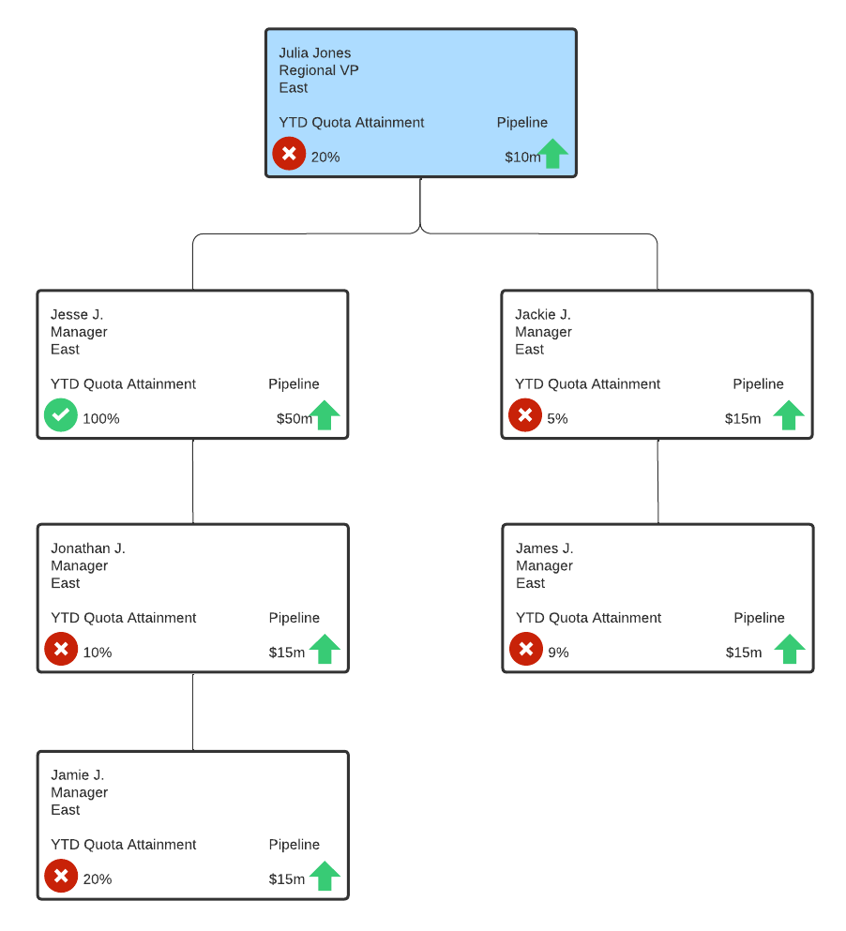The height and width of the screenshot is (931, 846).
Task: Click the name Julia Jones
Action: pyautogui.click(x=314, y=53)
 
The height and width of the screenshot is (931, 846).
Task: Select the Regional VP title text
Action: pyautogui.click(x=318, y=70)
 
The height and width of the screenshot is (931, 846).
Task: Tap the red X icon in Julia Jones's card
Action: pyautogui.click(x=289, y=154)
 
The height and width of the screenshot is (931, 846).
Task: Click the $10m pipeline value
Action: pyautogui.click(x=521, y=158)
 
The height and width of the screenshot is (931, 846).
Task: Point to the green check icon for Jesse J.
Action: pyautogui.click(x=61, y=415)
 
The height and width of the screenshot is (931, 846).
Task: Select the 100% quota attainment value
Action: pyautogui.click(x=101, y=419)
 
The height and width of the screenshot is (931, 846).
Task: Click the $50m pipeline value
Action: pyautogui.click(x=294, y=419)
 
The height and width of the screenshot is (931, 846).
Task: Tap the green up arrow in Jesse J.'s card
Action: pyautogui.click(x=325, y=414)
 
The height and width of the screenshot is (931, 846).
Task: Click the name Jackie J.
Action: pyautogui.click(x=542, y=315)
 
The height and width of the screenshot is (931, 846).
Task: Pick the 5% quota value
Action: pyautogui.click(x=557, y=419)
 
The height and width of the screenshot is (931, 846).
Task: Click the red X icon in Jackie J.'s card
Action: pyautogui.click(x=525, y=415)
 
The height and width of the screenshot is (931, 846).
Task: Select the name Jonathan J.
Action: pyautogui.click(x=87, y=548)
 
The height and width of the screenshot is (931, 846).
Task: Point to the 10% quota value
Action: pyautogui.click(x=98, y=653)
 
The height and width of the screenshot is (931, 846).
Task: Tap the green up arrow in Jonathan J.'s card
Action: pyautogui.click(x=325, y=649)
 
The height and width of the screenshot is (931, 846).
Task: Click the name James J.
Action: pyautogui.click(x=544, y=548)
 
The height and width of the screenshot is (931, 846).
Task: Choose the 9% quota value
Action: pyautogui.click(x=558, y=653)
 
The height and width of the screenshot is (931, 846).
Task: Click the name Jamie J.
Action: pyautogui.click(x=77, y=775)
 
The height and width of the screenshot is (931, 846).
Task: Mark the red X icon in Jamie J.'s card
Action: pyautogui.click(x=61, y=876)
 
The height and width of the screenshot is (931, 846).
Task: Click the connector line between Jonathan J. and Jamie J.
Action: pyautogui.click(x=193, y=712)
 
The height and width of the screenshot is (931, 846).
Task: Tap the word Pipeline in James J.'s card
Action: pyautogui.click(x=759, y=618)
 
